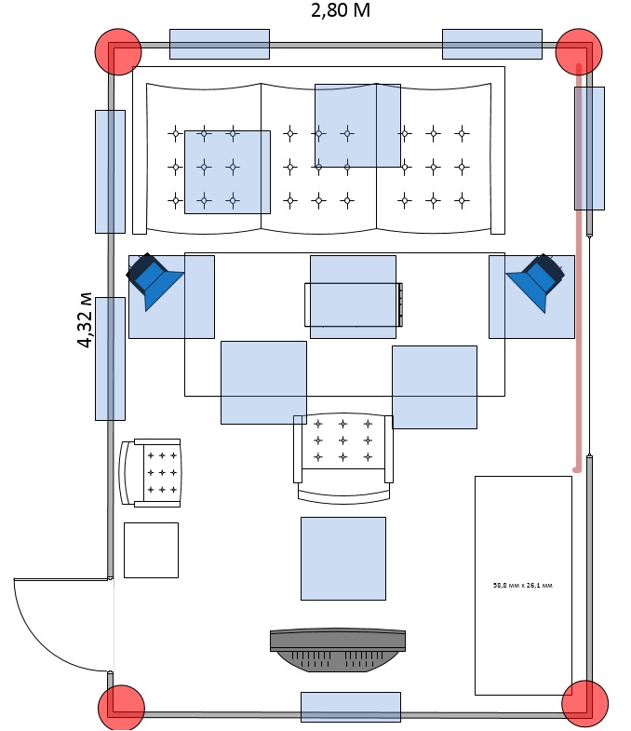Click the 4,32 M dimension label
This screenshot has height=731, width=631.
(85, 320)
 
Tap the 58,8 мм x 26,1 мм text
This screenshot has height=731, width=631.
(522, 586)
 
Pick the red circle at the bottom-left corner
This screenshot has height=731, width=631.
(121, 707)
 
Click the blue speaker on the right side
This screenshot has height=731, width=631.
(538, 280)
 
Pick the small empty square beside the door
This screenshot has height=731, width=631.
(151, 549)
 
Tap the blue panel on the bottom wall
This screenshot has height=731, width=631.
(350, 707)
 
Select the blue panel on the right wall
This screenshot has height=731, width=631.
(589, 147)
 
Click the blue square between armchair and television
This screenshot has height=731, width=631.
(342, 558)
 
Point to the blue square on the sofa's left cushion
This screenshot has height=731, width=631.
(227, 171)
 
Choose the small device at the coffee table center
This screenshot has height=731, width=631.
(354, 304)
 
